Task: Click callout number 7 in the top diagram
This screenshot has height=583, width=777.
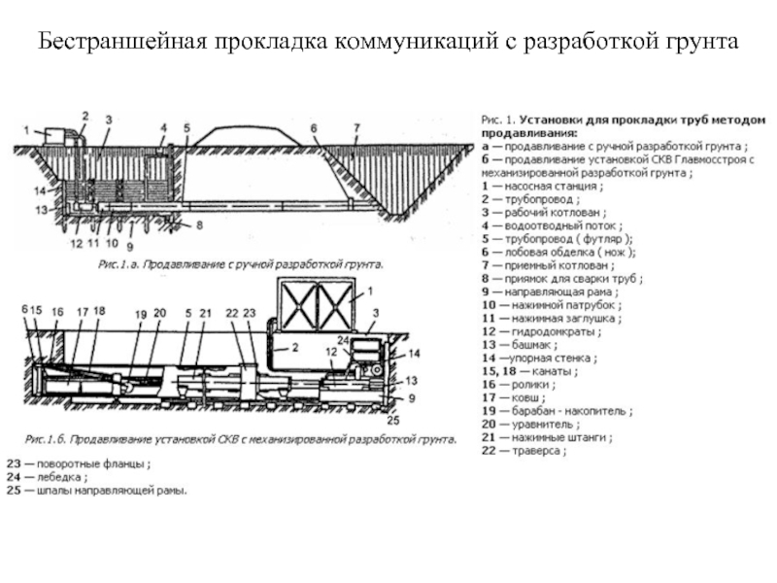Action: coord(356,127)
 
